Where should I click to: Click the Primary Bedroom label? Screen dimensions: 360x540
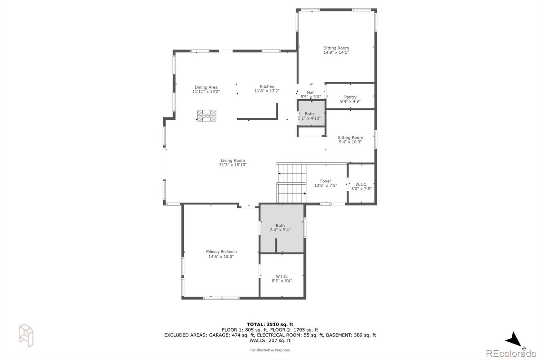[221, 252]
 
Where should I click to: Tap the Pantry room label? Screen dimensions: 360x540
[350, 97]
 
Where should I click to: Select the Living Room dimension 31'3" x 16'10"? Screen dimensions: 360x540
[233, 165]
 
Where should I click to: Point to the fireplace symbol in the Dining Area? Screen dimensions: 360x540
[207, 115]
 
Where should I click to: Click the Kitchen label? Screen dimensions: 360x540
[267, 87]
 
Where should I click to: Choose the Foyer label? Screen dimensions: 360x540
[326, 181]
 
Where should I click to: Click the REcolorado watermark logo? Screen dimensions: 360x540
[511, 353]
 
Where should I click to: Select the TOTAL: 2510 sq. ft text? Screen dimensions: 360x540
[270, 325]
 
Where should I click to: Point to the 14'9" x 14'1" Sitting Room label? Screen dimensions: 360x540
[336, 50]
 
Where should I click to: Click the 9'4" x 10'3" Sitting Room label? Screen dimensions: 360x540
[350, 140]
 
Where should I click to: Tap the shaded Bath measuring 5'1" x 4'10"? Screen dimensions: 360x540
[309, 116]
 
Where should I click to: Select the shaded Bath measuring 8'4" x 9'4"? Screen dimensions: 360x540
[280, 228]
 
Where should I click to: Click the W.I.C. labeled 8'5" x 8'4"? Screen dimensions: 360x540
[282, 279]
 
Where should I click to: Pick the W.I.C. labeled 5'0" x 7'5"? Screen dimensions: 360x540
[361, 187]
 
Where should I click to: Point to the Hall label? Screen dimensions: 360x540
[310, 93]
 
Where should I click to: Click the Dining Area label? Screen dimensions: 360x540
[206, 87]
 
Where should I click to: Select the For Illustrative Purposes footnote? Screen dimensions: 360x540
[270, 350]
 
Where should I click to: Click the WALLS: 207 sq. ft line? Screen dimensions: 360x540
[270, 341]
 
